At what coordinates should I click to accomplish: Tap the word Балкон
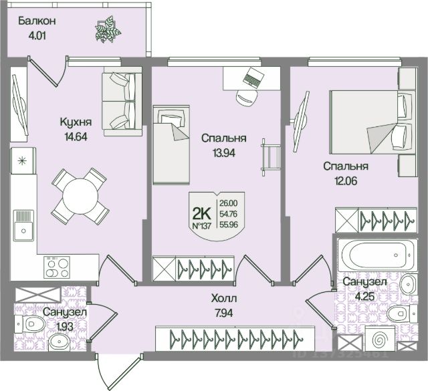tap(37, 20)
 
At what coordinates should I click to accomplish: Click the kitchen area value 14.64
tap(74, 133)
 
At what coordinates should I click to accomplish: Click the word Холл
tap(223, 297)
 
